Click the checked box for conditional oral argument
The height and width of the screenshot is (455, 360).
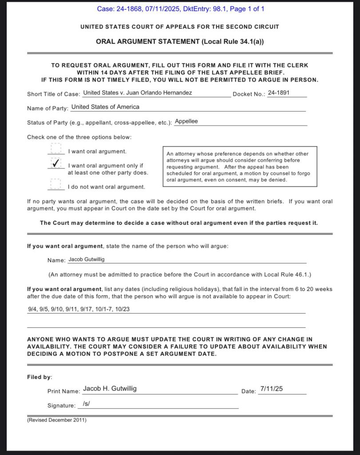point(55,164)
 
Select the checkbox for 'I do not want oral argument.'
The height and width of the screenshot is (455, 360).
point(55,184)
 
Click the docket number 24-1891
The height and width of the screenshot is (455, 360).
point(277,93)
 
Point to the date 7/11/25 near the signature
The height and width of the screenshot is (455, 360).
point(272,389)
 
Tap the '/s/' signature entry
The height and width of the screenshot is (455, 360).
point(87,404)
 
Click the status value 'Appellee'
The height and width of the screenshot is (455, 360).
point(186,121)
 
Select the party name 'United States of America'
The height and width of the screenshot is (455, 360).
point(105,107)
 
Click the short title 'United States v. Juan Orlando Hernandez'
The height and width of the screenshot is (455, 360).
point(138,93)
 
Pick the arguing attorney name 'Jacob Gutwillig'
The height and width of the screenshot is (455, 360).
point(87,259)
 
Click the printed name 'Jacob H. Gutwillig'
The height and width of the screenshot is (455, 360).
point(110,388)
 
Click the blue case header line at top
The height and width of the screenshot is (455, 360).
point(180,9)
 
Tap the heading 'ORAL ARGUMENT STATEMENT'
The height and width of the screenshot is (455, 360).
point(180,41)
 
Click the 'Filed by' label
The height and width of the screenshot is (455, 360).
point(40,377)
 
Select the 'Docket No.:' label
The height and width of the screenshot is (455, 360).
point(249,94)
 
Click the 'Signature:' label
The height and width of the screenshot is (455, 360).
point(61,405)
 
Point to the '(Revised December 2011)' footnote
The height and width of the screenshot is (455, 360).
point(57,420)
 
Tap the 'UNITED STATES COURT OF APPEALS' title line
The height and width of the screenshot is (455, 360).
point(180,27)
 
